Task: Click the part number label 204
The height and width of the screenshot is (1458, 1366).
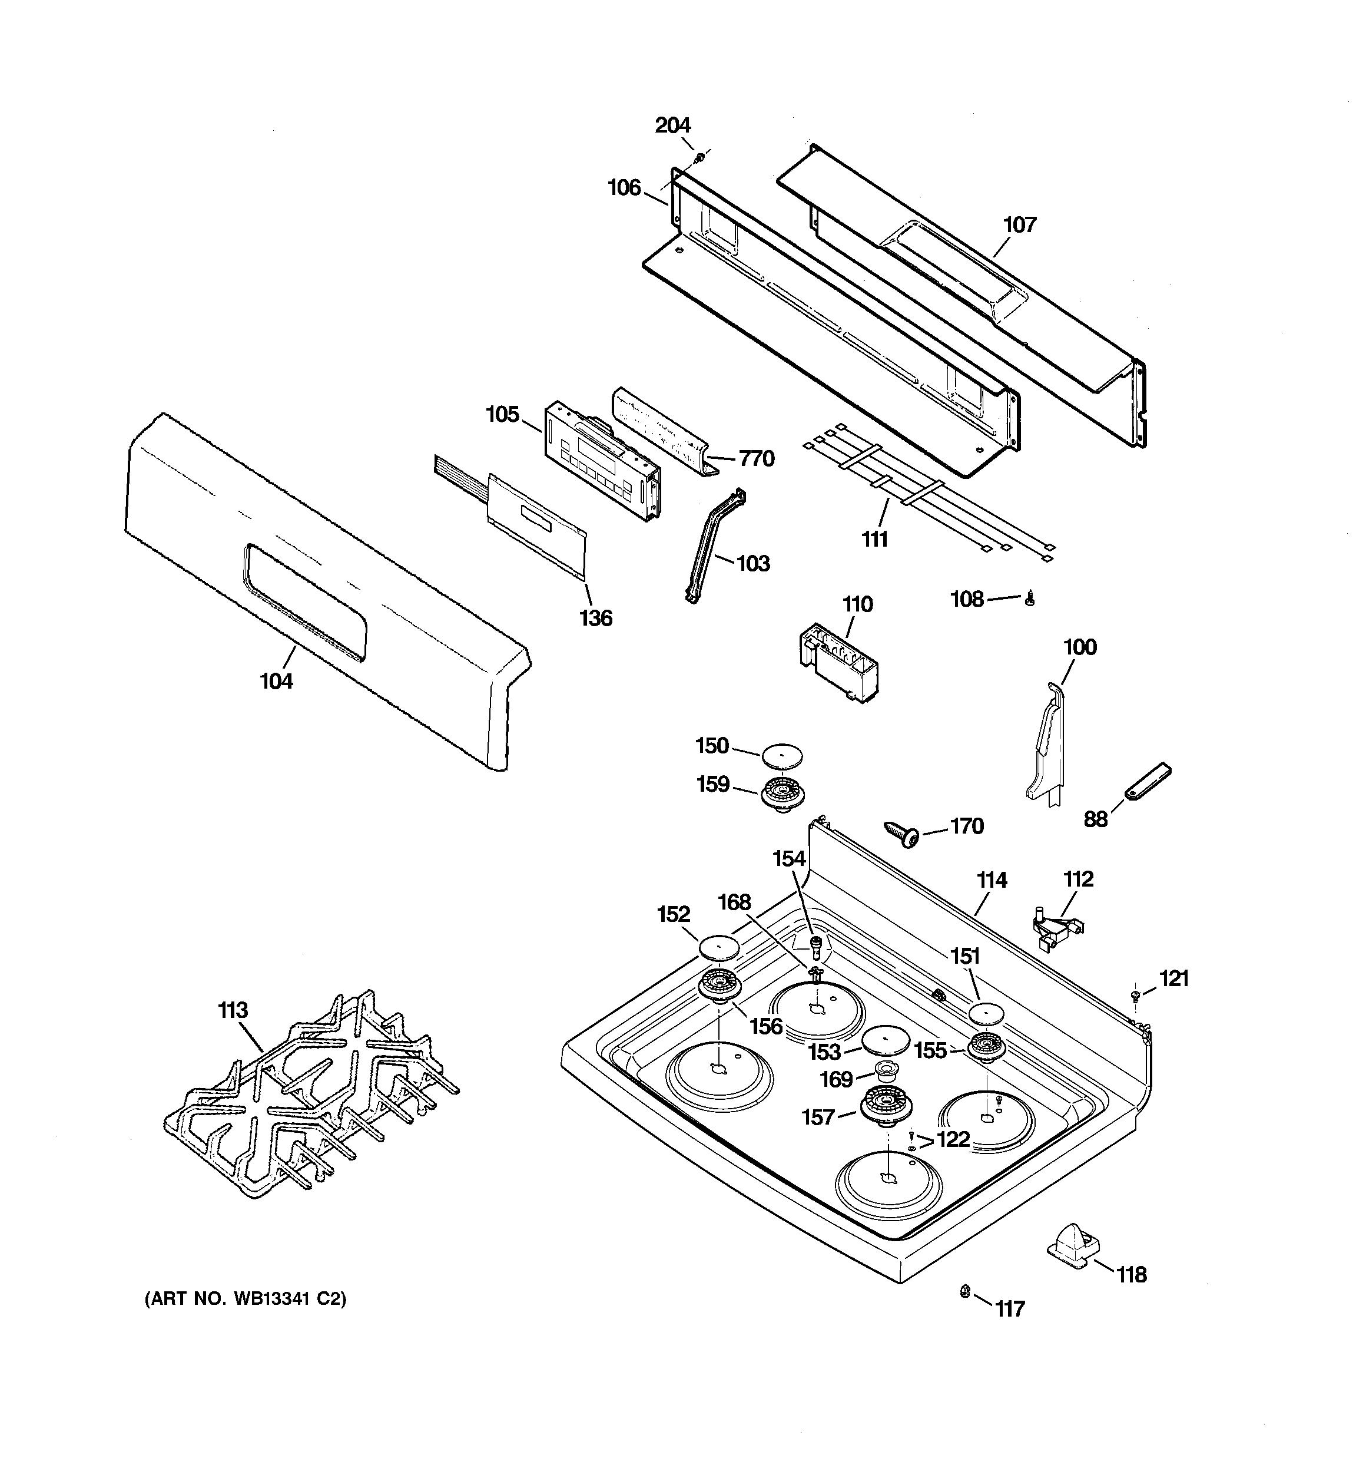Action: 672,125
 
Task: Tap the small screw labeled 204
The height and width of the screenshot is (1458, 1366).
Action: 700,157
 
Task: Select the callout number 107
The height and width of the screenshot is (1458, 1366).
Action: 1019,224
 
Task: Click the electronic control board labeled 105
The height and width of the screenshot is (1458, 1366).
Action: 601,460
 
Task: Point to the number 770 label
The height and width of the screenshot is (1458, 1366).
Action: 757,458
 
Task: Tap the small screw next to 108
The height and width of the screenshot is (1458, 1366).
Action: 1029,600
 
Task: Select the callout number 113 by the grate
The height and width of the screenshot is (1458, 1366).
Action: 233,1011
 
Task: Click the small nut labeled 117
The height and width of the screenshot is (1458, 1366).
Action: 966,1291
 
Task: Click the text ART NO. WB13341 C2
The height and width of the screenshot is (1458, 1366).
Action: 245,1299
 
